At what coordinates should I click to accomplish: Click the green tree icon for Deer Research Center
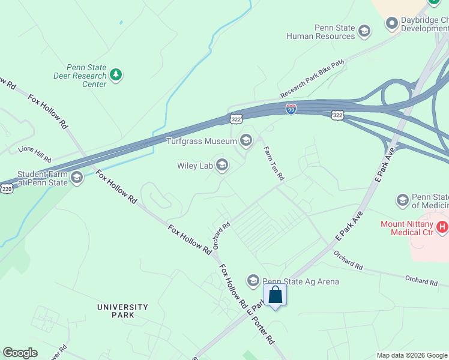tap(116, 75)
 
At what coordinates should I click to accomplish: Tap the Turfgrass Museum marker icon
tap(246, 141)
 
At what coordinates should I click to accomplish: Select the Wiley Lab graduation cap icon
tap(222, 165)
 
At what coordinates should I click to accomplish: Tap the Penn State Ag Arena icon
tap(253, 281)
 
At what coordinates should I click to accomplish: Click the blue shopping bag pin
tap(275, 295)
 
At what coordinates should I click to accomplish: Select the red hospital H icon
tap(442, 227)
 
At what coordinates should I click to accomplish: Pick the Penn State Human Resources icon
tap(364, 31)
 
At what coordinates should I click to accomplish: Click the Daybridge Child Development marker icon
tap(392, 24)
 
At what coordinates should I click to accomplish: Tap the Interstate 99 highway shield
tap(291, 109)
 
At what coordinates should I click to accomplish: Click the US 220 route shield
tap(6, 188)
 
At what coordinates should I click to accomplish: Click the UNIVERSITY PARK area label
tap(122, 311)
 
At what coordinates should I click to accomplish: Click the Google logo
tap(20, 353)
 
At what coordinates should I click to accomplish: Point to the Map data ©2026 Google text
tap(412, 355)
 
